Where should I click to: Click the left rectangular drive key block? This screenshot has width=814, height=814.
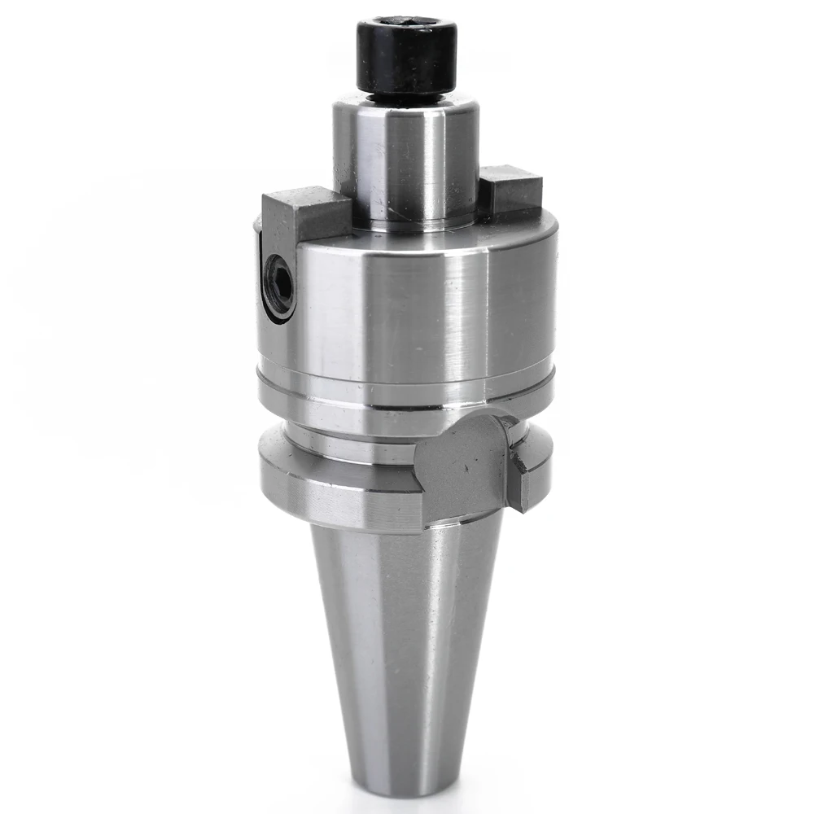pyautogui.click(x=301, y=216)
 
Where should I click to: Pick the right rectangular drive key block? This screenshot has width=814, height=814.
pyautogui.click(x=510, y=191)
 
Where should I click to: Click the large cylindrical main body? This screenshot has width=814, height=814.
pyautogui.click(x=407, y=309)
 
